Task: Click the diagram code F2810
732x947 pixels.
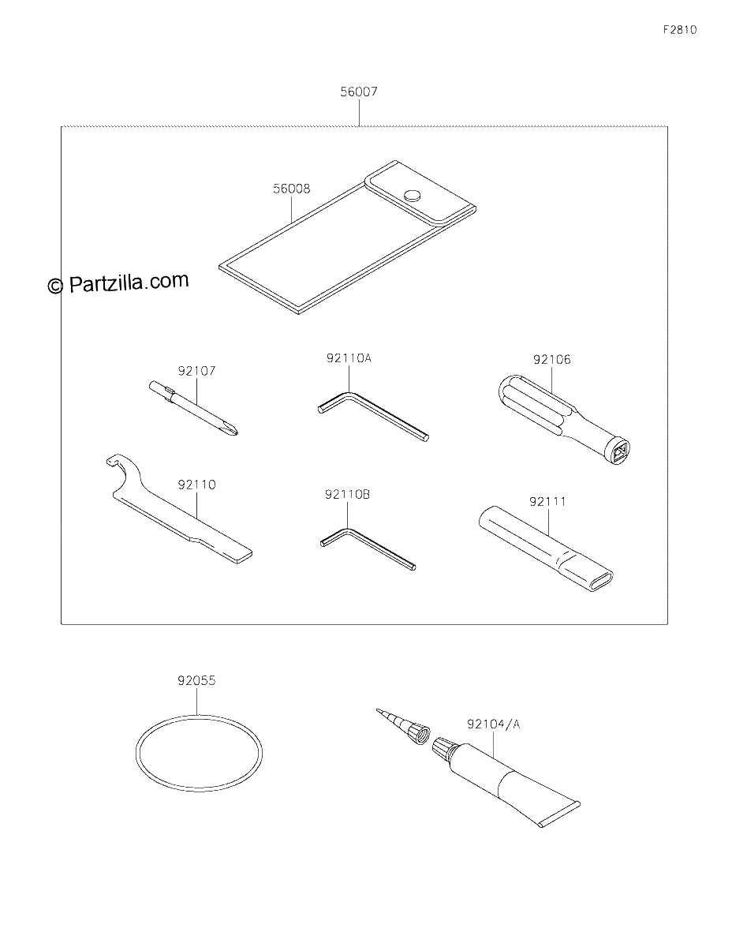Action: coord(680,30)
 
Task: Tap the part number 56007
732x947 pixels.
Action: coord(359,92)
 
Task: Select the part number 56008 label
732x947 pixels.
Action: coord(291,189)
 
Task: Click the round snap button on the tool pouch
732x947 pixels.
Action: coord(413,196)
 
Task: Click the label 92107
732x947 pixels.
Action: coord(196,371)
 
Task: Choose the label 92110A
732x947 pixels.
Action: coord(349,358)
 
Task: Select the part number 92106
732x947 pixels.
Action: coord(551,360)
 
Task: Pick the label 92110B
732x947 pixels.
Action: coord(347,495)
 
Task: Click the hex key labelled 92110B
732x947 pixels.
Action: coord(368,548)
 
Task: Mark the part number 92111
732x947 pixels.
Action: coord(547,502)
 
